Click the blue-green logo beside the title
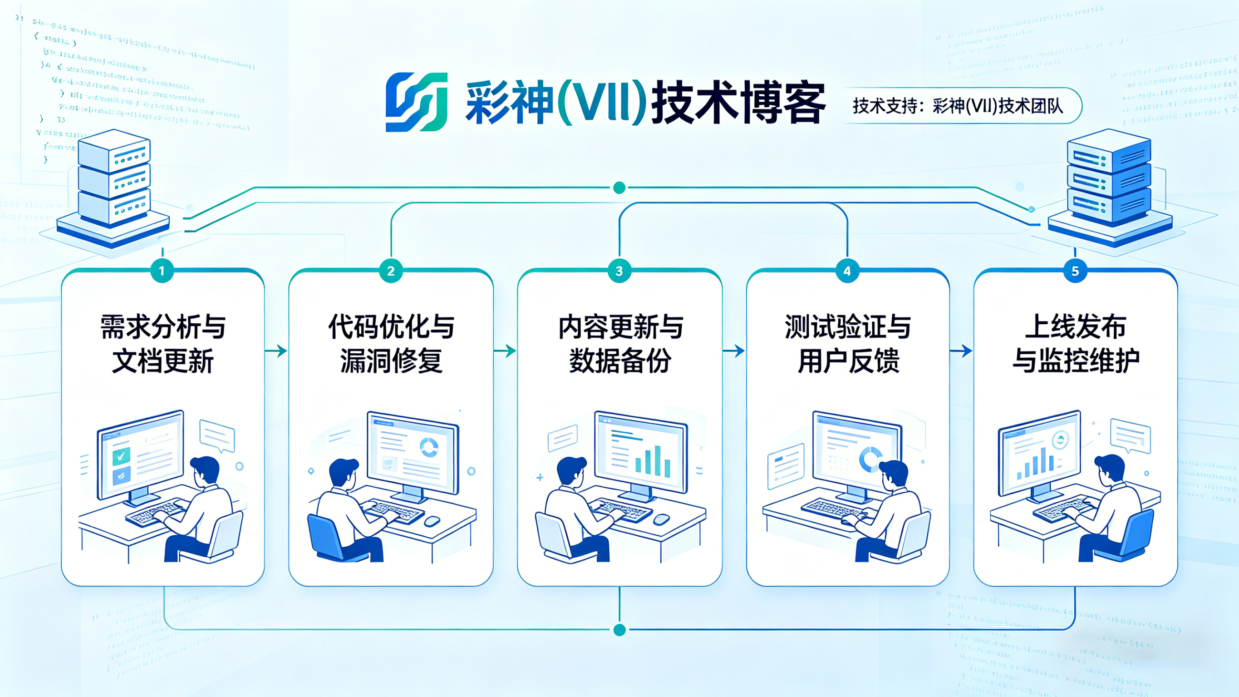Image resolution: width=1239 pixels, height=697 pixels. click(x=417, y=102)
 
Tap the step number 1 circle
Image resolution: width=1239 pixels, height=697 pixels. click(x=162, y=271)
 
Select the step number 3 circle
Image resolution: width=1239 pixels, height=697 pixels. click(x=619, y=271)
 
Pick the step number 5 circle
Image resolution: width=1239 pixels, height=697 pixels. click(x=1075, y=271)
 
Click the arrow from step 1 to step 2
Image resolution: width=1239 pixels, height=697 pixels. click(x=276, y=351)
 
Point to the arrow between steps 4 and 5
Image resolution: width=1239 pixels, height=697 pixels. click(x=960, y=351)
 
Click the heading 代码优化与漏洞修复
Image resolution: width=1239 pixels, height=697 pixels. click(x=391, y=344)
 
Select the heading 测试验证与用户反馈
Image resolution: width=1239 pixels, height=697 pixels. click(x=848, y=344)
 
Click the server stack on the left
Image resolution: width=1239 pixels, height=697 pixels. click(x=114, y=188)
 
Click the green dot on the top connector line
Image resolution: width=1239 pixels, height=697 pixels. click(x=619, y=188)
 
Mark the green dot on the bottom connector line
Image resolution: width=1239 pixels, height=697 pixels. click(x=619, y=630)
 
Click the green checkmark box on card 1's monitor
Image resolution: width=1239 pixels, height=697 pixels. click(x=121, y=455)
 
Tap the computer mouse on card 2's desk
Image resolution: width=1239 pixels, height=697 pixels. click(x=432, y=521)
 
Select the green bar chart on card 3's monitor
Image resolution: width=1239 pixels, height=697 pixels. click(x=653, y=461)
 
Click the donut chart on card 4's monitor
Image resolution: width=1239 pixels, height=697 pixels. click(x=870, y=460)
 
